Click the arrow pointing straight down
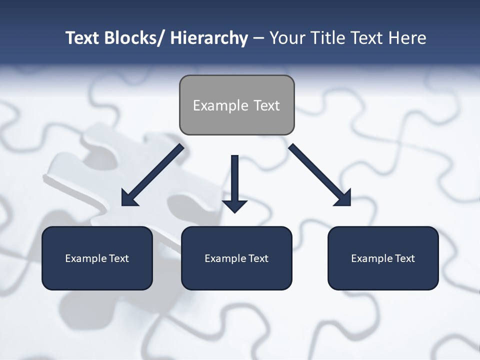click(x=234, y=182)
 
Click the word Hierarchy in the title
click(x=209, y=38)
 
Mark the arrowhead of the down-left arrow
click(x=129, y=198)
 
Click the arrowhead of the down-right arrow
click(x=343, y=198)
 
